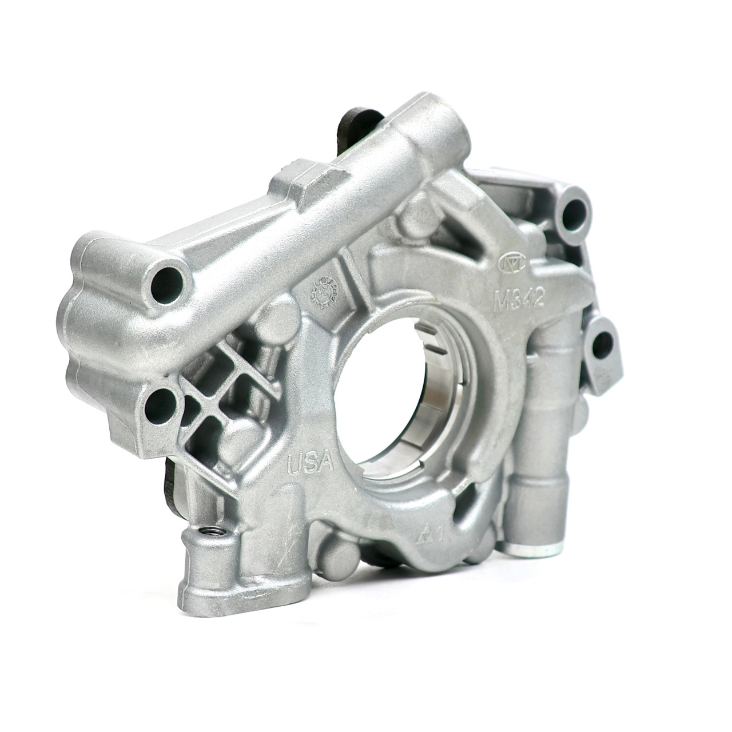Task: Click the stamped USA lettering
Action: (311, 462)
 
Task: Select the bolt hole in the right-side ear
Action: (604, 345)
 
